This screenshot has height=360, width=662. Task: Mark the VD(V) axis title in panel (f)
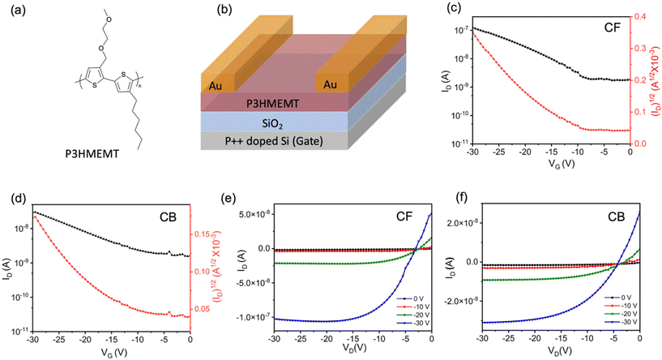tap(559, 352)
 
